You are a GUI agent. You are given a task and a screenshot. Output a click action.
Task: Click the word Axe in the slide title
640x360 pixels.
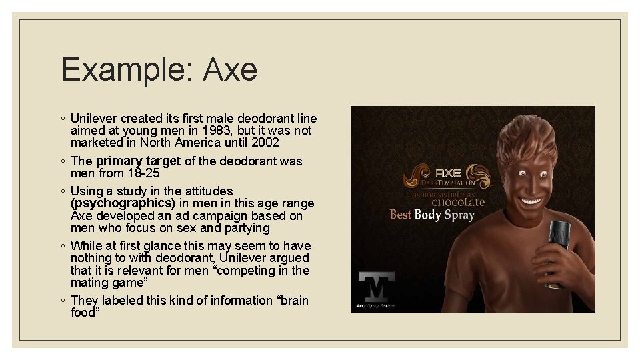[x=230, y=70]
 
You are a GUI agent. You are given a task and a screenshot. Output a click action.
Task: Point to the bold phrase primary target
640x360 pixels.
[x=138, y=161]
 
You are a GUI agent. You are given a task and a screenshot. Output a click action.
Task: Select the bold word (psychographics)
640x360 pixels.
[x=122, y=203]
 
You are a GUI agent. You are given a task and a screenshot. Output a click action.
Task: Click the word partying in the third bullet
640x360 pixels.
[x=247, y=228]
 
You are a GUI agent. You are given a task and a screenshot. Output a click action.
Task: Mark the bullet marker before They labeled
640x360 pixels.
[x=62, y=301]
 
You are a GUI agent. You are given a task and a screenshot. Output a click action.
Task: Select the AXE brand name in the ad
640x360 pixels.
[x=448, y=173]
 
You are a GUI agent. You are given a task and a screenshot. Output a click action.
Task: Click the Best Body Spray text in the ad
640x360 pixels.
[x=432, y=215]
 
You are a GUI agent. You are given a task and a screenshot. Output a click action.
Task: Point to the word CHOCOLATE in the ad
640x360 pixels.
[x=458, y=201]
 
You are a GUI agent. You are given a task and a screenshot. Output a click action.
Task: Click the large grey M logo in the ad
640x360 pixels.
[x=376, y=288]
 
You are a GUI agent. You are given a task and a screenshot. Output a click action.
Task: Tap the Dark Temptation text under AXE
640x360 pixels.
[x=448, y=182]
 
